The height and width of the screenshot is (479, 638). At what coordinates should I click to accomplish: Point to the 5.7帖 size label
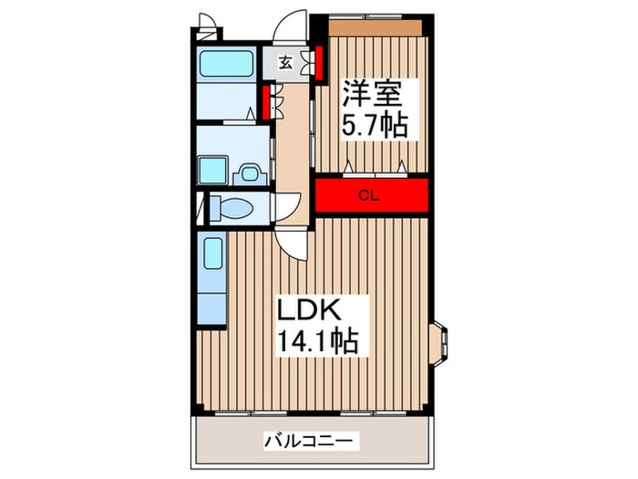click(x=374, y=125)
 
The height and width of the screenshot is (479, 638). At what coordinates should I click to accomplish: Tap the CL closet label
click(x=368, y=194)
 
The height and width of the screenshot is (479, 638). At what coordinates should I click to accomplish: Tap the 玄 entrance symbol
click(x=286, y=63)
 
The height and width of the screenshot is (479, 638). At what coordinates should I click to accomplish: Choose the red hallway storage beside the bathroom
click(x=266, y=101)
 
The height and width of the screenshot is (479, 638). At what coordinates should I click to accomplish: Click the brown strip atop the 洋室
click(x=376, y=27)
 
